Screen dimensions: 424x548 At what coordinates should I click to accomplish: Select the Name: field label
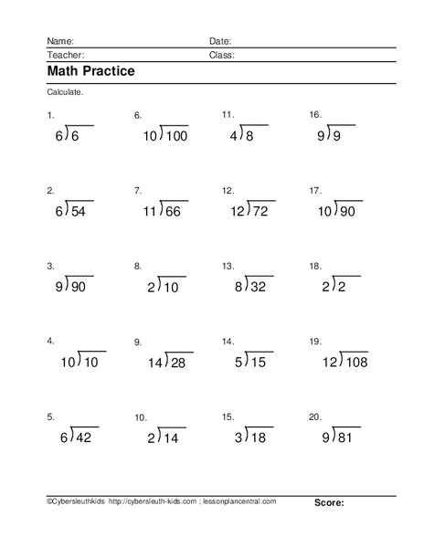tap(59, 41)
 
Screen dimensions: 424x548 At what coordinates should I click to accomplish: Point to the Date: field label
tap(220, 41)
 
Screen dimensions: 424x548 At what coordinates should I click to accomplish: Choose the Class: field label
tap(222, 55)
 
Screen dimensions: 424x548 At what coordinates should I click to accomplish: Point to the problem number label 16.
tap(315, 115)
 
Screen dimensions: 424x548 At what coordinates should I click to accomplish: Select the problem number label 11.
tap(228, 115)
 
